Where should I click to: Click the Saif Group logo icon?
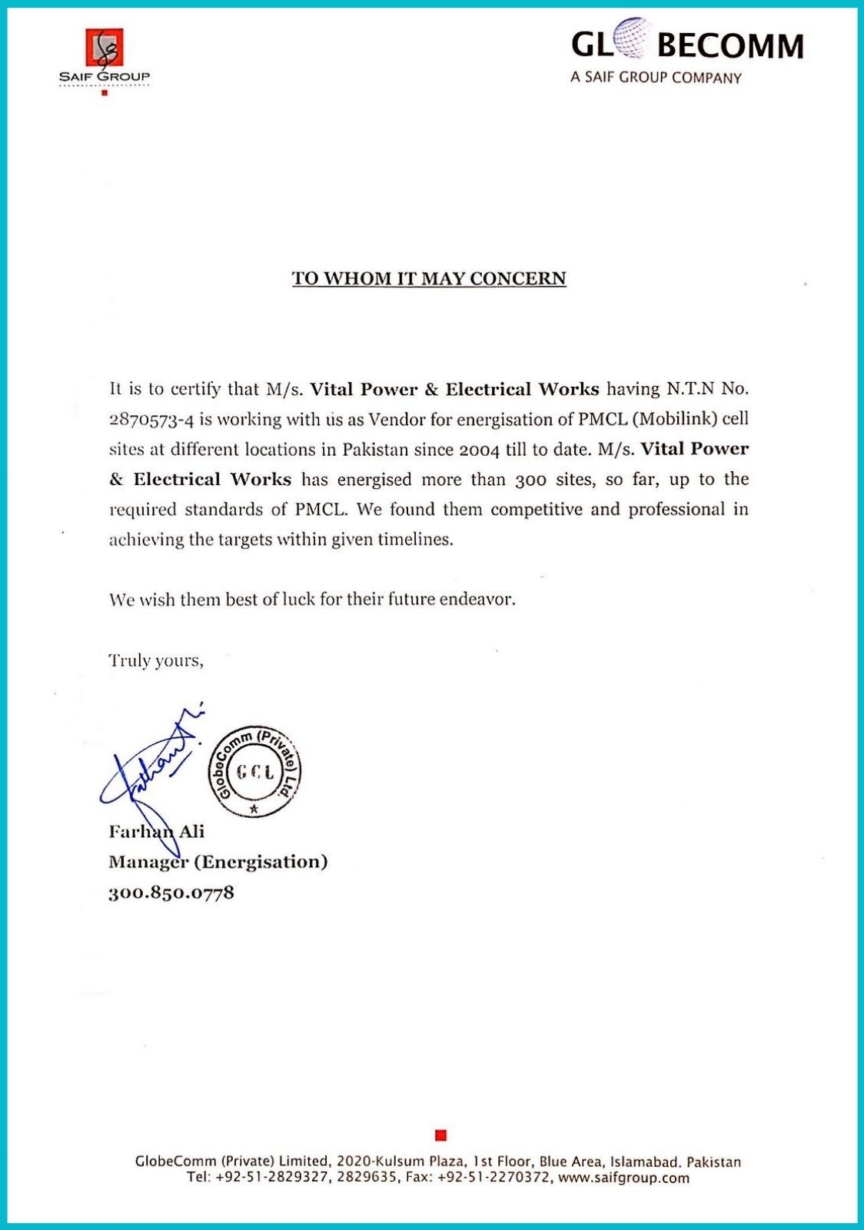click(x=104, y=48)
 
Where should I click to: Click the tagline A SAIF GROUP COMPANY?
click(x=656, y=78)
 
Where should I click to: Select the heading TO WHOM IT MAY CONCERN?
click(x=429, y=278)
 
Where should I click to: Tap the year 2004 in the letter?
click(x=479, y=450)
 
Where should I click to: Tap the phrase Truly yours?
click(x=156, y=660)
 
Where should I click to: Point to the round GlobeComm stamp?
click(x=254, y=771)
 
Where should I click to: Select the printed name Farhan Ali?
click(x=156, y=832)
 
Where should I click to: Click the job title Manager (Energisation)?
click(x=218, y=862)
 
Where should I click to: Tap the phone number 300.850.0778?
click(x=171, y=893)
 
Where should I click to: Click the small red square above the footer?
click(x=440, y=1135)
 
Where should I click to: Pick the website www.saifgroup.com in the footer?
click(x=623, y=1178)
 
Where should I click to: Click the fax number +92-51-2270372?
click(x=493, y=1178)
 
